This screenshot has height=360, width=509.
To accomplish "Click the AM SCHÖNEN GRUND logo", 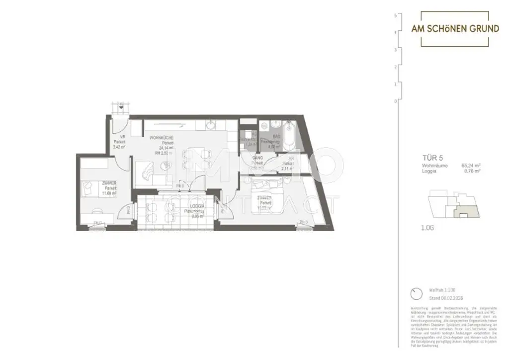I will click(455, 28).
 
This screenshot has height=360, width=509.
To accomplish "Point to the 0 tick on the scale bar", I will click(395, 101).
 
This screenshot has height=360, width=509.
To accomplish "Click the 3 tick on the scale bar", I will click(395, 50).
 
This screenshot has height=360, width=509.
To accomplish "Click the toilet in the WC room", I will click(245, 133).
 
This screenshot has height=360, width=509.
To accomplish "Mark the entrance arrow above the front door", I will click(120, 105).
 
